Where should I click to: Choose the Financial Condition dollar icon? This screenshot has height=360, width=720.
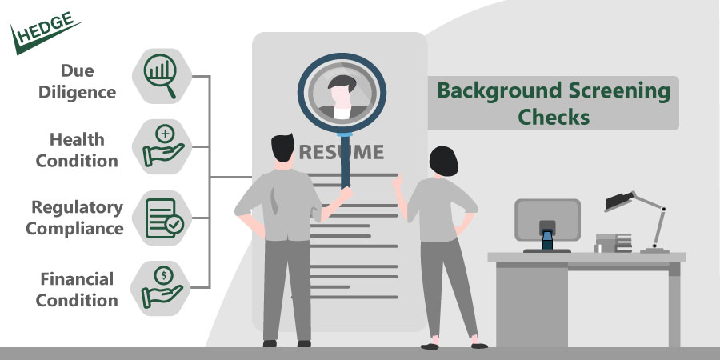pos(163,285)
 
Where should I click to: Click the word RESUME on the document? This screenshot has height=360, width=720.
pos(342,151)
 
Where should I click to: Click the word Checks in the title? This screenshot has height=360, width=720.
pos(554,117)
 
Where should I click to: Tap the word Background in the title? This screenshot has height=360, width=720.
pos(488,90)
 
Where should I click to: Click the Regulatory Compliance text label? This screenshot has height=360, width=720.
pos(75,218)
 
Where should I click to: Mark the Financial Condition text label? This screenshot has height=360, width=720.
pos(78,290)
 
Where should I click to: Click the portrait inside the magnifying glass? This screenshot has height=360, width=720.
pos(342,95)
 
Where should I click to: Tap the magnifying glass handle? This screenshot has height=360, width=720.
pos(346,163)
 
